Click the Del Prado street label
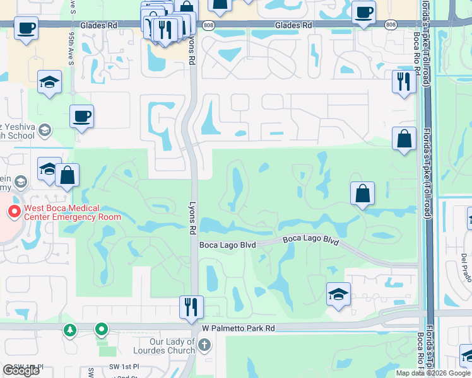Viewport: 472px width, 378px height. (466, 267)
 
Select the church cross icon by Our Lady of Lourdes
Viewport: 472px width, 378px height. (204, 345)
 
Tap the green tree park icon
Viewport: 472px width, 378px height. (71, 329)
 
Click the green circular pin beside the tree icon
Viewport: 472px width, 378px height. (101, 329)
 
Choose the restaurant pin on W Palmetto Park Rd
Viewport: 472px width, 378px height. (191, 307)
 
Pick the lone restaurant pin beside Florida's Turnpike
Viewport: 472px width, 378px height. (404, 82)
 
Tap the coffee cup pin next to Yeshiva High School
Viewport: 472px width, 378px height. (81, 117)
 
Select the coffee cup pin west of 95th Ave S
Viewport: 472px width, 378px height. (26, 28)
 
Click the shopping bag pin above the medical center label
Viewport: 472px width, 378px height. (67, 175)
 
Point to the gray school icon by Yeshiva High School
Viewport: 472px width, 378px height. (45, 130)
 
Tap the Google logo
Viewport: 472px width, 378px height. (21, 370)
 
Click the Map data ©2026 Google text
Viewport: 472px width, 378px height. (432, 373)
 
